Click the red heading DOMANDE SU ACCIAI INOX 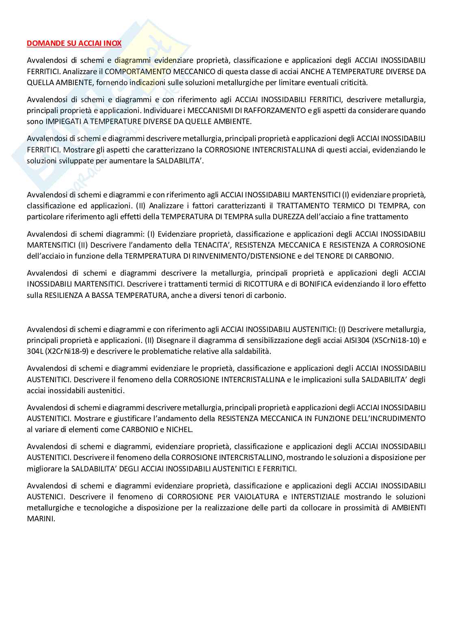click(74, 43)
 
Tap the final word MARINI click(41, 518)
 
